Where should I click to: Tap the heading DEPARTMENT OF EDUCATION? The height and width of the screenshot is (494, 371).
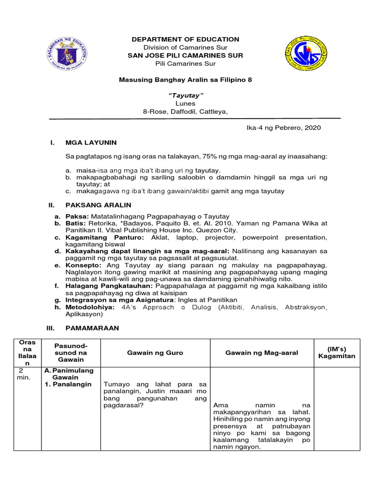pyautogui.click(x=185, y=39)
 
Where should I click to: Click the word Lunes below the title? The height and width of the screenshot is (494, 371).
pyautogui.click(x=185, y=103)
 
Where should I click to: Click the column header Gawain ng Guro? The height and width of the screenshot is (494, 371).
pyautogui.click(x=155, y=353)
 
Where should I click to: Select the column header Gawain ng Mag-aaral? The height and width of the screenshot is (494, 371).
pyautogui.click(x=261, y=353)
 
